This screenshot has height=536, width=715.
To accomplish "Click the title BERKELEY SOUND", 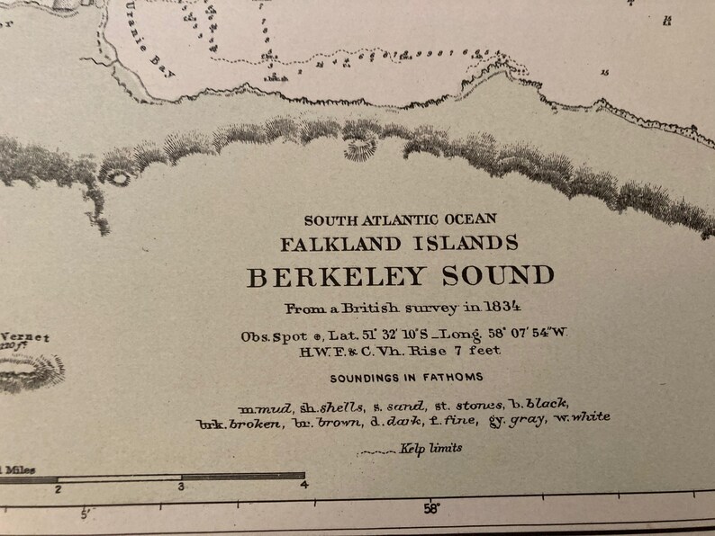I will coord(400,276).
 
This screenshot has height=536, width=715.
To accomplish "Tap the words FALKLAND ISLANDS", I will coord(399,243).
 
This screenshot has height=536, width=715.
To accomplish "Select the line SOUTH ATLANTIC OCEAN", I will coord(400,219).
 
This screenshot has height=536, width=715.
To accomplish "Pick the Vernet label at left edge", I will coord(30,337).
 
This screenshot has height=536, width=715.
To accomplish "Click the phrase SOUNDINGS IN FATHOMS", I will coord(406,378).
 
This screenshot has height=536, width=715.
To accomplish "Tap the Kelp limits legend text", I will coord(431,448).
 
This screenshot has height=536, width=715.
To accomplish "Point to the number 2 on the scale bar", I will coord(59,488).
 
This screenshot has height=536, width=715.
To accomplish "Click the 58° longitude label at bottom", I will coord(431,509).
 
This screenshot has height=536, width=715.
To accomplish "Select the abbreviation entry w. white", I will coord(583,417).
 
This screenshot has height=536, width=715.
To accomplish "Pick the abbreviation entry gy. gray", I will coord(520,420).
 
